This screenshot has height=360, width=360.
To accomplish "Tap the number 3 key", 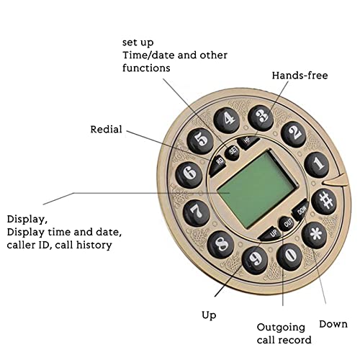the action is (261, 117).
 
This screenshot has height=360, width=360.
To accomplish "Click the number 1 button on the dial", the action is (316, 165).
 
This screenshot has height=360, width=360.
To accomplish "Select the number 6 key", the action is (189, 175).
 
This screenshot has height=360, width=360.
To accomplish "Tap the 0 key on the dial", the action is (289, 257).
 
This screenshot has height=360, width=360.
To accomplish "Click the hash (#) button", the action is (324, 202).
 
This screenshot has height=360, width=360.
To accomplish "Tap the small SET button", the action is (233, 153).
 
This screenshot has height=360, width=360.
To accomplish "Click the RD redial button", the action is (218, 165).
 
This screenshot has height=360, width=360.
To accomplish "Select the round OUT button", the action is (287, 223).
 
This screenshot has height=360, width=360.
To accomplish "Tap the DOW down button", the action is (300, 210).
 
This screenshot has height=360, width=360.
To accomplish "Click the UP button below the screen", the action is (270, 234).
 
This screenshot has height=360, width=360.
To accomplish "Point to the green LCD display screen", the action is (258, 189).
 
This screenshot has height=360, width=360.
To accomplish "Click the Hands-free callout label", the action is (300, 76).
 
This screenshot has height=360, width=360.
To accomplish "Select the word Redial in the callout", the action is (106, 130).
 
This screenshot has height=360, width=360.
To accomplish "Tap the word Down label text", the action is (333, 324).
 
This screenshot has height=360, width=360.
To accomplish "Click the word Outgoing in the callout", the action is (281, 328).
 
